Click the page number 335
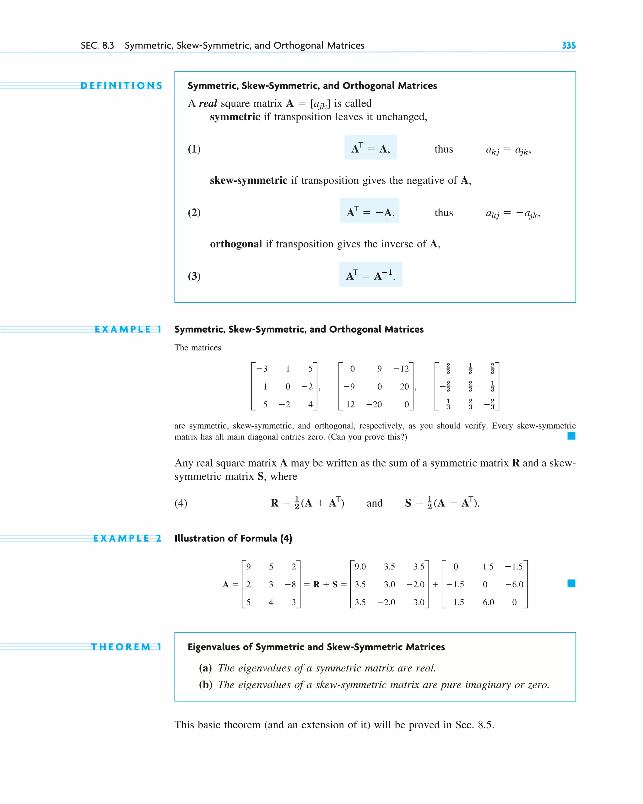point(568,46)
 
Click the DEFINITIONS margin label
point(122,86)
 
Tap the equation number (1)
point(194,149)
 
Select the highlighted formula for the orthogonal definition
point(370,275)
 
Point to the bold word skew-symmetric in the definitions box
point(248,181)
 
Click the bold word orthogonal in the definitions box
point(236,244)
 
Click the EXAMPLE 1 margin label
point(128,329)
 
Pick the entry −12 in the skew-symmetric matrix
point(401,369)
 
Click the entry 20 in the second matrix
point(404,387)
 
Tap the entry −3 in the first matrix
point(262,369)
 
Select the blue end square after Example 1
point(571,435)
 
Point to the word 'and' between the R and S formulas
point(375,504)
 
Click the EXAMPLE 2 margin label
point(127,538)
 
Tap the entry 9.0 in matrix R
point(360,567)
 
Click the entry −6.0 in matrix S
point(514,584)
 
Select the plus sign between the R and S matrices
point(435,584)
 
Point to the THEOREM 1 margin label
point(127,647)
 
